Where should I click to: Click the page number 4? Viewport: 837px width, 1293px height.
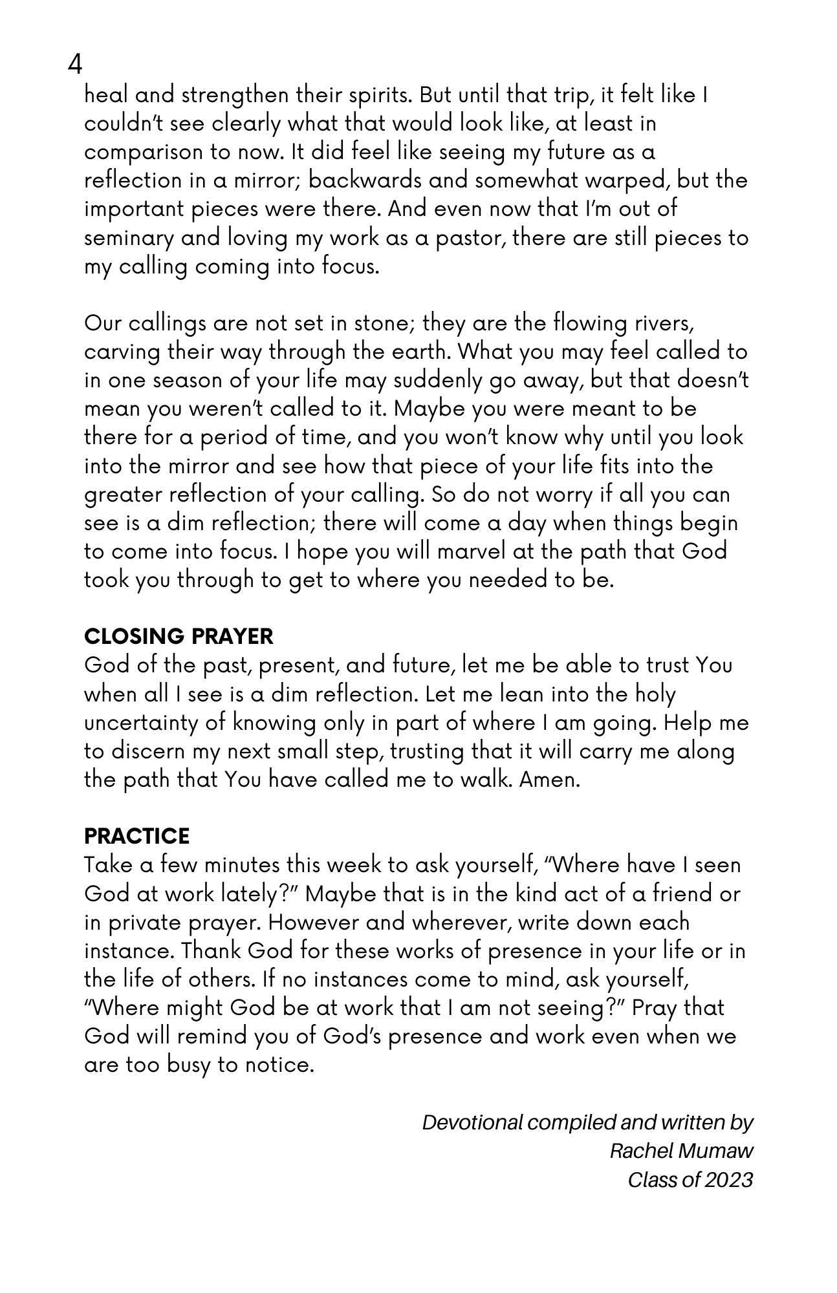click(x=75, y=65)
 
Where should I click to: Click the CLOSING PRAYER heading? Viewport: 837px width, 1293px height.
click(x=179, y=636)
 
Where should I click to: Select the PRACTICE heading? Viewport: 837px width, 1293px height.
click(x=136, y=836)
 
